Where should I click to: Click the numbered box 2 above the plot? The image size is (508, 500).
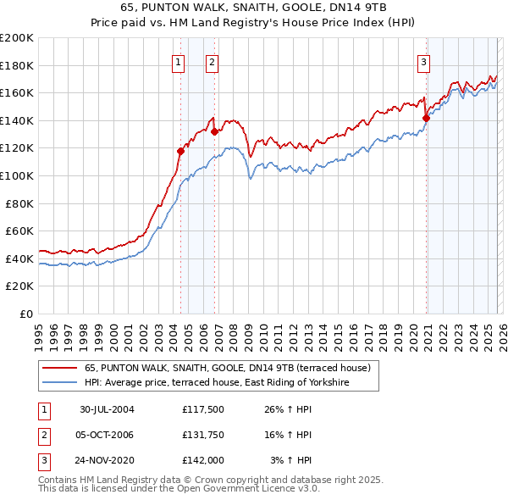[x=212, y=61]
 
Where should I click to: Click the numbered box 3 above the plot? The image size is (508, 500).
[x=423, y=61]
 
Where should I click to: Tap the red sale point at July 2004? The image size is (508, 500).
[x=181, y=152]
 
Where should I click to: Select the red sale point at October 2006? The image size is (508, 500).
[x=214, y=131]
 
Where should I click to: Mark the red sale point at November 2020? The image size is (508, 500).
[x=426, y=118]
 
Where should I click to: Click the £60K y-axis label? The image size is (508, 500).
[x=19, y=231]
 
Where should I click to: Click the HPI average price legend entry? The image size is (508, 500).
[x=217, y=384]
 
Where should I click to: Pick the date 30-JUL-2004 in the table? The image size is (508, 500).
[x=107, y=409]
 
